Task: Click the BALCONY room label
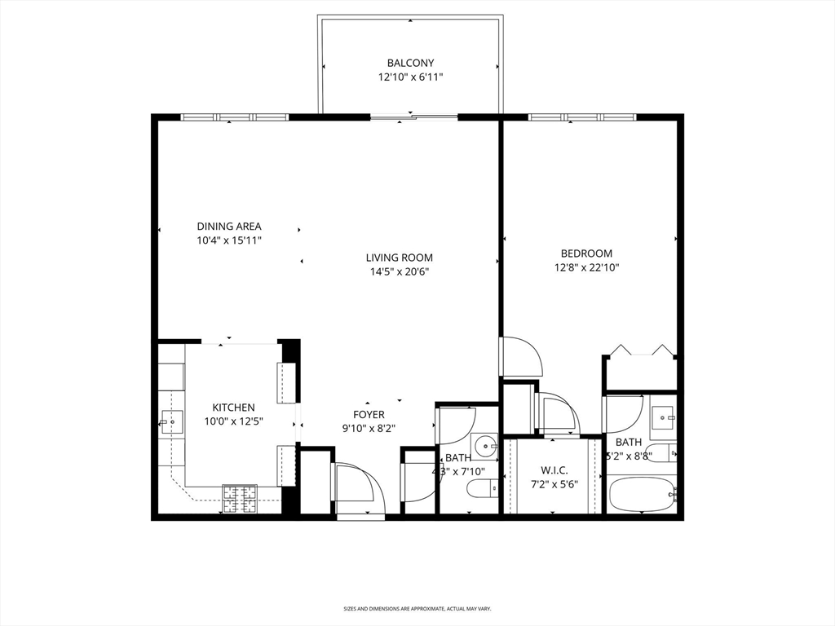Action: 410,63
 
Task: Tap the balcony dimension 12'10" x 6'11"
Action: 410,77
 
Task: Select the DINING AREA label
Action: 229,226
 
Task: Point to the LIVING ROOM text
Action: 399,258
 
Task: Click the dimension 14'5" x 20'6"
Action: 399,271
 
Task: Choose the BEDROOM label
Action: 585,253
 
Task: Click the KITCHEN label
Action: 234,408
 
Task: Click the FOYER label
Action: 369,414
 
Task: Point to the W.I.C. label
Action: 554,470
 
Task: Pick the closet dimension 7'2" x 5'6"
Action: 554,483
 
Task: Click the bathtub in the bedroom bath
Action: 642,494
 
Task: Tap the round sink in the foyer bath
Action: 487,445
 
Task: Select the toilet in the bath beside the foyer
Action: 483,489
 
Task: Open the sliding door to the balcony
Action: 413,117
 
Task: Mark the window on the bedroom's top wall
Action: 582,117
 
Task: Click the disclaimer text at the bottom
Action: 417,608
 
